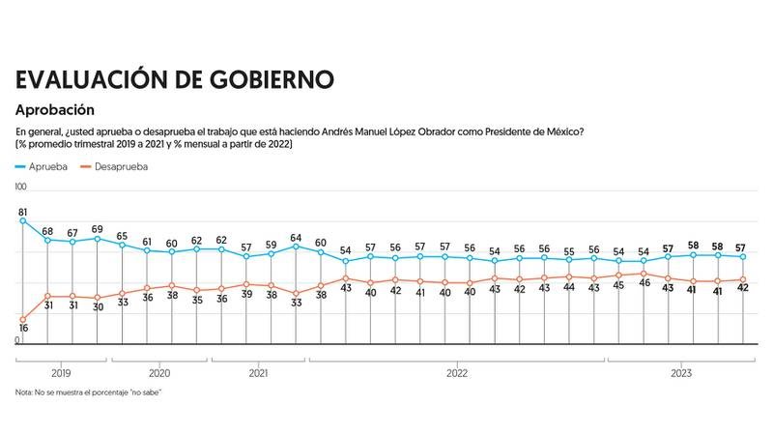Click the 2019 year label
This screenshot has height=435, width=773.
(60, 372)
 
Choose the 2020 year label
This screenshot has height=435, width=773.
(159, 372)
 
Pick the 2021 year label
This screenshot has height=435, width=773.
(258, 372)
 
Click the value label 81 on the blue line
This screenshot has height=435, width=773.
(21, 212)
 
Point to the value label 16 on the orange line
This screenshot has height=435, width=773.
(21, 330)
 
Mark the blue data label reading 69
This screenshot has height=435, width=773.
(97, 229)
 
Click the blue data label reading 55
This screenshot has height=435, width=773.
(568, 249)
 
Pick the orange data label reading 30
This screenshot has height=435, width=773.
(97, 307)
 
